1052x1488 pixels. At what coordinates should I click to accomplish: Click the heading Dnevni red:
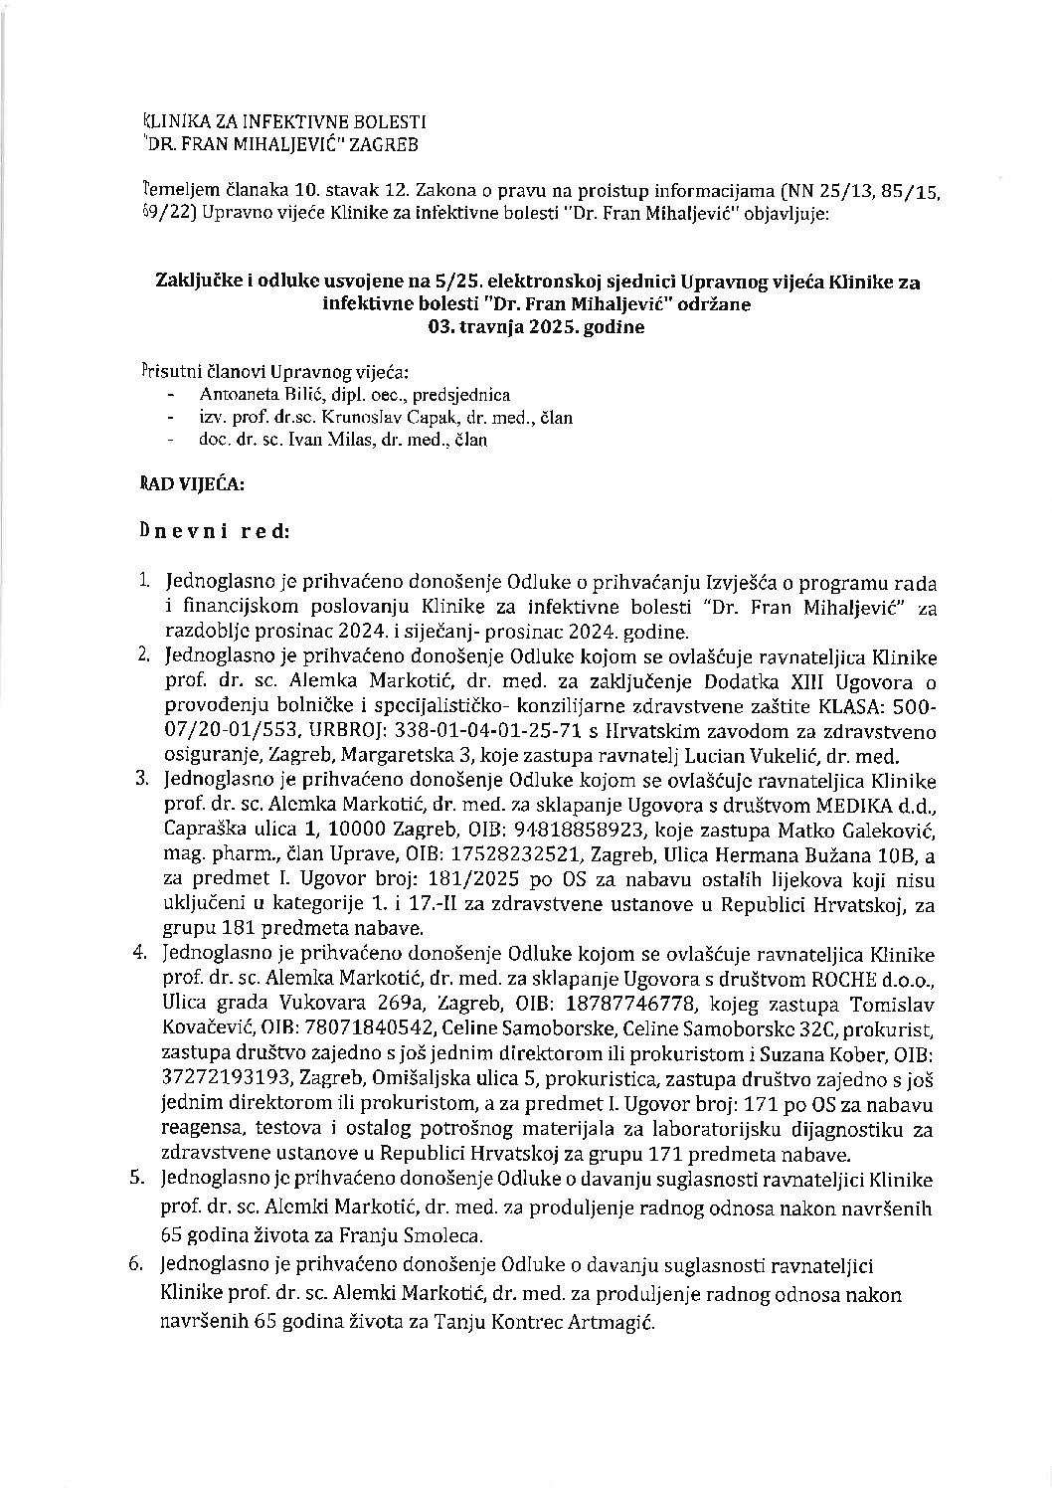click(x=215, y=531)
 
